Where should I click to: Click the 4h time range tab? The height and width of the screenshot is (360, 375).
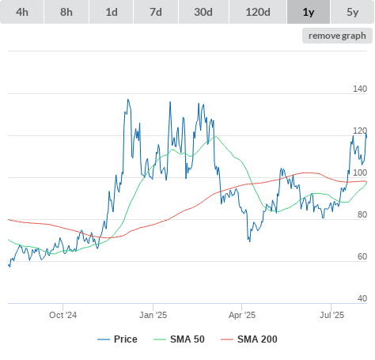coord(22,12)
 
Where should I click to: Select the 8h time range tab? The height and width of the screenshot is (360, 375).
coord(66,12)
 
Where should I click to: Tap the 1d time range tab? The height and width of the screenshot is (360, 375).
coord(112,12)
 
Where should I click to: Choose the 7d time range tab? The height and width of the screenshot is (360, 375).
coord(156,12)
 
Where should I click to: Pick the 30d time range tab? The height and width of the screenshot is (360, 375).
coord(203,12)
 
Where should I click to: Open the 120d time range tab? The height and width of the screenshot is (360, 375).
coord(258,12)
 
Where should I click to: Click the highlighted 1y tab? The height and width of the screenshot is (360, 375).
coord(309,12)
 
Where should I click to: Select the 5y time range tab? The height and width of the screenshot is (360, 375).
coord(353,12)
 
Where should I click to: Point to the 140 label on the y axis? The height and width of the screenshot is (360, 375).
coord(360,89)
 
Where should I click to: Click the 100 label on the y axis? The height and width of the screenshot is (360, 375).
coord(360,172)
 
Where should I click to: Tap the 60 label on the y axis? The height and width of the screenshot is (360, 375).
coord(362,256)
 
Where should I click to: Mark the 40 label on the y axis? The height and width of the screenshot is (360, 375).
coord(362,298)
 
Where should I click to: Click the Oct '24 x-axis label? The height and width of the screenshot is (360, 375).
coord(63,315)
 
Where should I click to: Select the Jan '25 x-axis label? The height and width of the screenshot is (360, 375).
coord(153,315)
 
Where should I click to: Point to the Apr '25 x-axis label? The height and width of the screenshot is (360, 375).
coord(242,315)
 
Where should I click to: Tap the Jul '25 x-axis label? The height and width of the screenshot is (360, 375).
coord(331,315)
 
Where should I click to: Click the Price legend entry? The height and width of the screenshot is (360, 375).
coord(117,339)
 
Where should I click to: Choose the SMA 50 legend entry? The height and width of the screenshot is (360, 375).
coord(179,339)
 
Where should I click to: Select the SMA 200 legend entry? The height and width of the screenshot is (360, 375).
coord(249,339)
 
